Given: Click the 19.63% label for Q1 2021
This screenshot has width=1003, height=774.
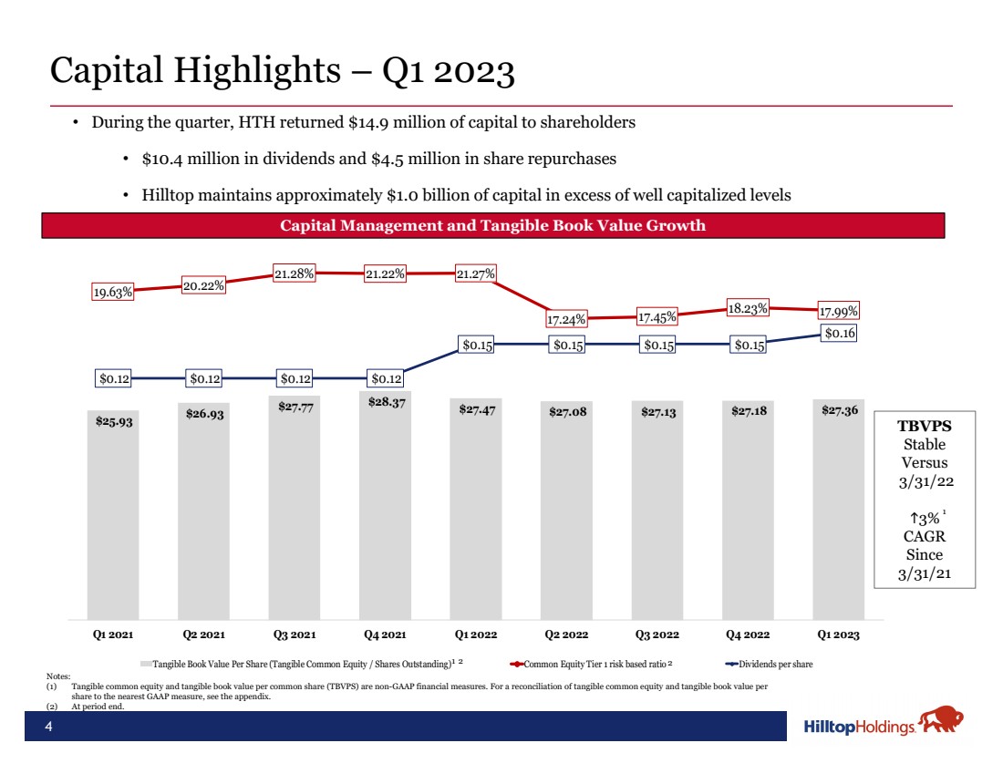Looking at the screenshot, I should pos(114,292).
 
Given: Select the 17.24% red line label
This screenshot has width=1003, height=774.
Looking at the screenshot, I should pos(567,320).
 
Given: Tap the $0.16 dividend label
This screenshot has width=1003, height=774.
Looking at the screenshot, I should pos(839,334).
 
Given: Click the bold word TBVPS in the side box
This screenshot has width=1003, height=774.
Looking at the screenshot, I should pos(924,426).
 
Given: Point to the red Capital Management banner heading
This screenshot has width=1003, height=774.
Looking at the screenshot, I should pos(492,225).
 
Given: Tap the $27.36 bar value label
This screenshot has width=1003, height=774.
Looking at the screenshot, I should pos(839,411).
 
